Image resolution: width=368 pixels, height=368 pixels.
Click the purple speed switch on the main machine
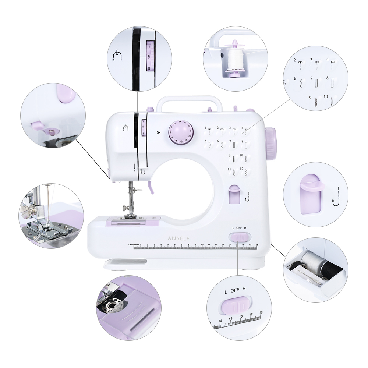240,237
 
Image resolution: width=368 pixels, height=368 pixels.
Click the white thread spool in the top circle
233,59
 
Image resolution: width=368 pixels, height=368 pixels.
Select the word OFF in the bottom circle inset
235,290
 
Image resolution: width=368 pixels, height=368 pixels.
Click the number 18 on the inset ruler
261,312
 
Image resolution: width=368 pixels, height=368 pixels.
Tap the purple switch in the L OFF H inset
236,305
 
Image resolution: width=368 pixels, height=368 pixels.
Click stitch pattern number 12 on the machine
241,169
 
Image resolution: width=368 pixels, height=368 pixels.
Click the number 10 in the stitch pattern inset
326,97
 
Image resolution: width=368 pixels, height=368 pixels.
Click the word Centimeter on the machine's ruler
134,244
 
